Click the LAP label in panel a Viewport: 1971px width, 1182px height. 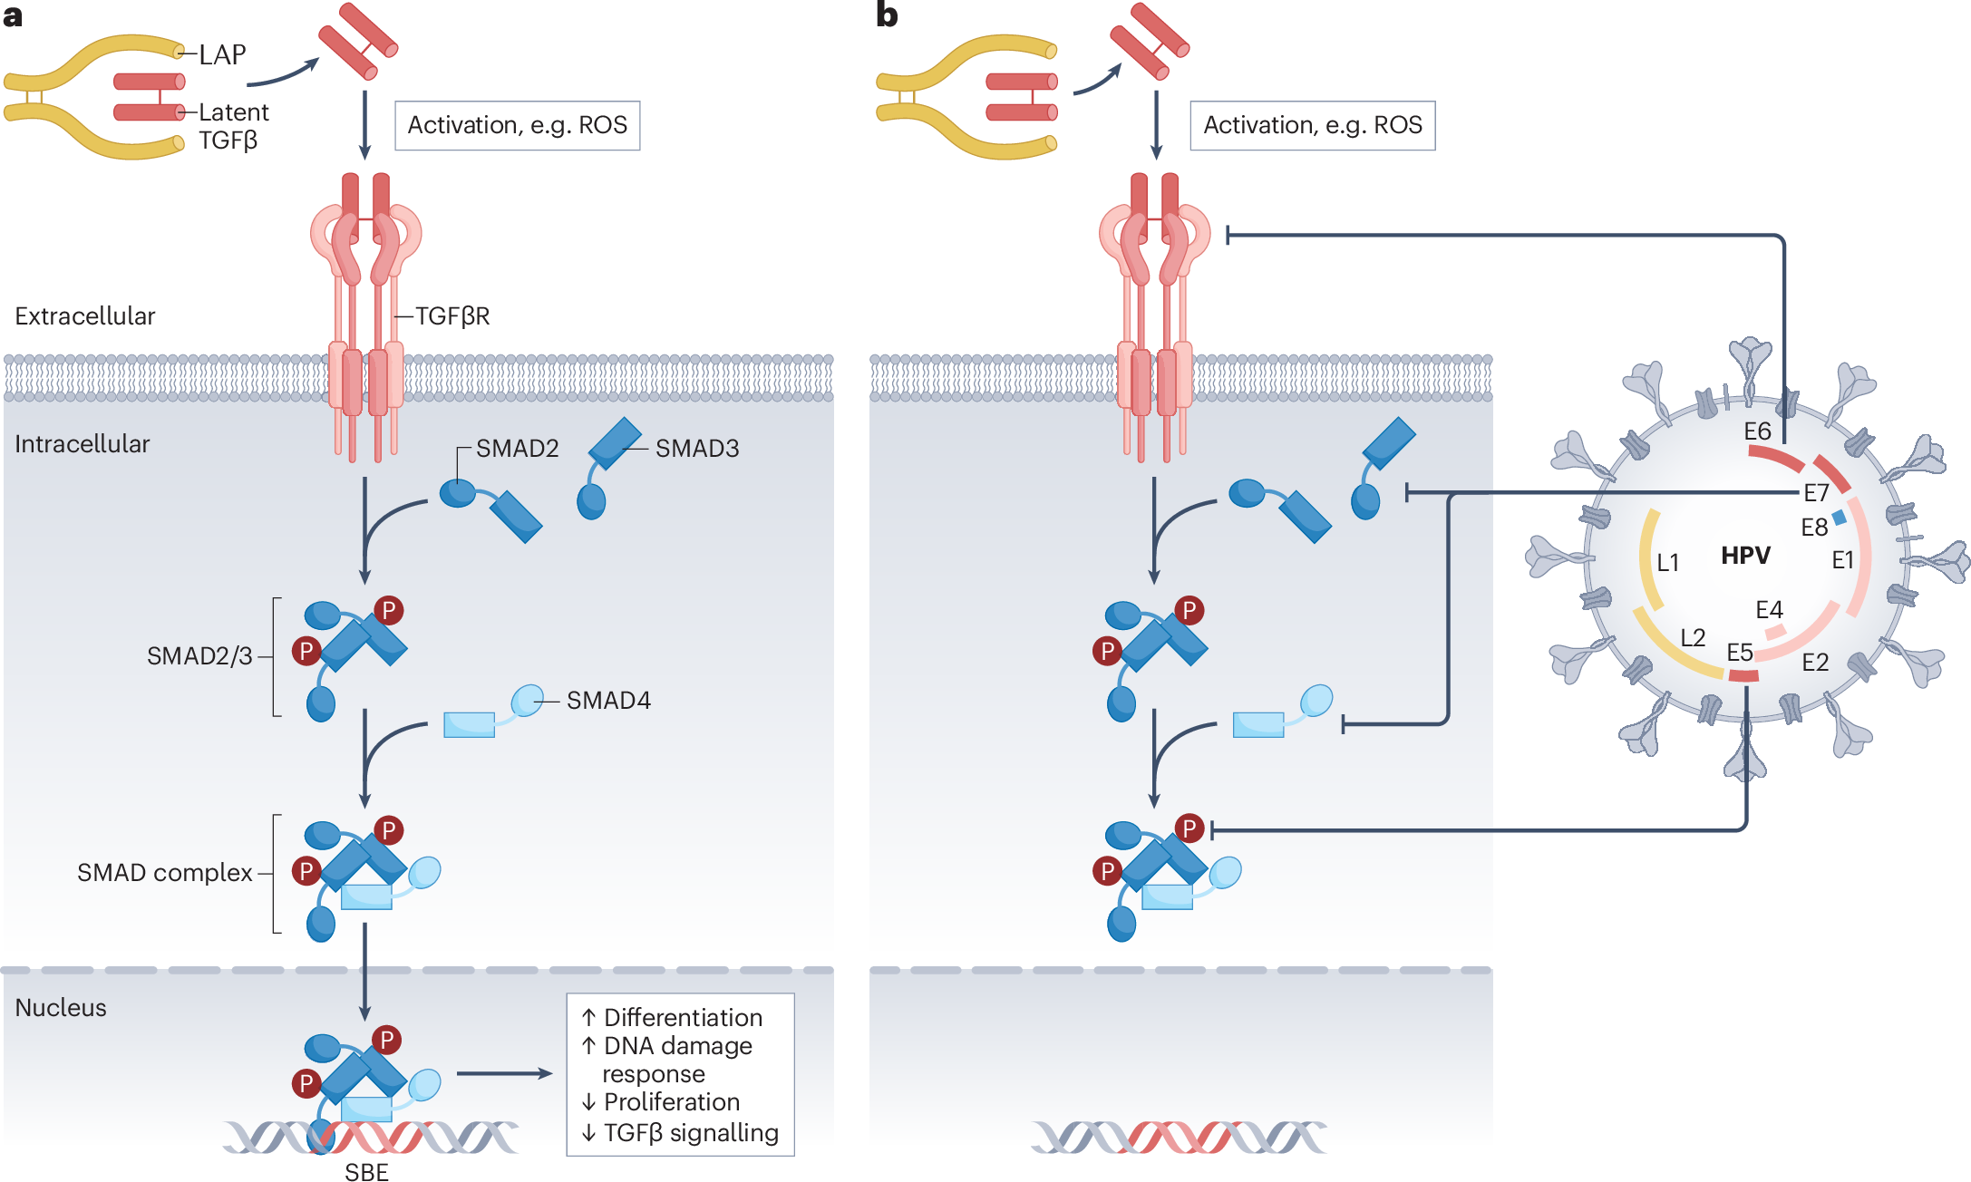222,55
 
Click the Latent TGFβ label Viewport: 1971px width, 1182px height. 233,126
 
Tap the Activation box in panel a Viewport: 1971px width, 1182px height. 517,125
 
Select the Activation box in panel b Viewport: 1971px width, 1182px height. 1312,125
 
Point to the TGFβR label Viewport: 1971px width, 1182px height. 452,316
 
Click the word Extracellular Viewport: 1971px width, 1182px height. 85,316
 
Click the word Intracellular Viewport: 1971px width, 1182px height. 83,444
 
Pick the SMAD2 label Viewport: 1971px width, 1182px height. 517,449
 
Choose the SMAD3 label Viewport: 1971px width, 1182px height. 697,449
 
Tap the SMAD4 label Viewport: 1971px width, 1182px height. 608,701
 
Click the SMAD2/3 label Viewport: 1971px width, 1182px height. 199,656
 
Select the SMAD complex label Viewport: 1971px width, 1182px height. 164,873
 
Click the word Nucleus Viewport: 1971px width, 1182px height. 61,1008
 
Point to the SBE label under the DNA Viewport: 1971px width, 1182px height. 366,1172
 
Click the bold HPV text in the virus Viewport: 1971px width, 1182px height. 1745,556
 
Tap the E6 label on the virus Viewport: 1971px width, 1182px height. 1757,431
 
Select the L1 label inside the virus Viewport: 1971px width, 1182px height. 1667,563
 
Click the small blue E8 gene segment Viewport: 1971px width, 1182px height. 1839,518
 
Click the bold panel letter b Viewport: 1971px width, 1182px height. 887,15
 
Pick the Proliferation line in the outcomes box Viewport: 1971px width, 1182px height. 671,1102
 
